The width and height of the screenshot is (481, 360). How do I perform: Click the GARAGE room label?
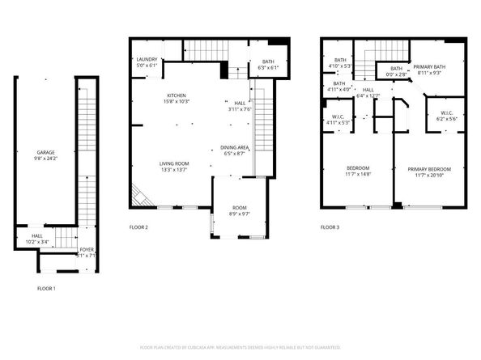click(45, 152)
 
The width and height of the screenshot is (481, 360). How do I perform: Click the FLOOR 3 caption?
click(330, 227)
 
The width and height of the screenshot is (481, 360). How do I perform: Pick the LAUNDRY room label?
click(147, 59)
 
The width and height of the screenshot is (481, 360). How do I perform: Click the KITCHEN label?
click(177, 95)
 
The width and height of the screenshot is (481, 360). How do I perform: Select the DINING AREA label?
click(234, 147)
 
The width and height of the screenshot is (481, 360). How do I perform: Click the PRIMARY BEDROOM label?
click(427, 169)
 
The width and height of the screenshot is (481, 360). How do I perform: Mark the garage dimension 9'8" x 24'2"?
click(45, 159)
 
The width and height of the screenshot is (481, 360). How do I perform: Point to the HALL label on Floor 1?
click(32, 235)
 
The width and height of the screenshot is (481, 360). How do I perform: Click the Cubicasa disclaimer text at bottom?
click(240, 346)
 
